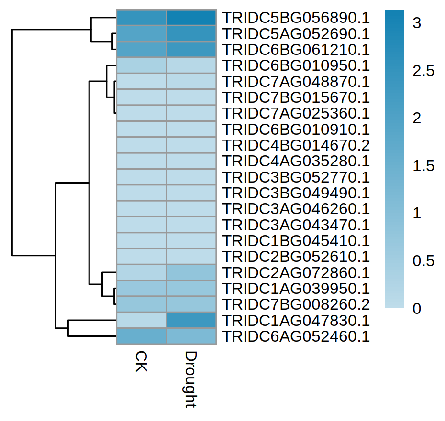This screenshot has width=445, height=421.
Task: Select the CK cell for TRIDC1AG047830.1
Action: (x=142, y=320)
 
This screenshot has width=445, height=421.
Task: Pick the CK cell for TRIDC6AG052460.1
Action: (x=142, y=336)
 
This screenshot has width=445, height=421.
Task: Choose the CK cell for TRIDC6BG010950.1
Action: (x=142, y=65)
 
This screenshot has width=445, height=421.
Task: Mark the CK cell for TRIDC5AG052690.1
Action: (x=142, y=33)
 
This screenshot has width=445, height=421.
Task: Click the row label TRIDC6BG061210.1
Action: (x=297, y=50)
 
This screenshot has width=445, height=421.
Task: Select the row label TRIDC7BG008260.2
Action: (x=297, y=304)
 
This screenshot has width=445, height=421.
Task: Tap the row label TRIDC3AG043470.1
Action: (x=297, y=225)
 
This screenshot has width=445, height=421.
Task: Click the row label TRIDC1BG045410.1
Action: (x=297, y=241)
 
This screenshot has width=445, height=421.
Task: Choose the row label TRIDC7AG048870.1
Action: (x=297, y=81)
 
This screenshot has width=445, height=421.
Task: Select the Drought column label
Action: (x=191, y=380)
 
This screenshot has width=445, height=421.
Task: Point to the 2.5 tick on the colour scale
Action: (x=424, y=71)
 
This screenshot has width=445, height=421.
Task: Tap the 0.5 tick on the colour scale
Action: (x=424, y=261)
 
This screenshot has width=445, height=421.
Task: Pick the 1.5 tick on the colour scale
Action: (x=424, y=166)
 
